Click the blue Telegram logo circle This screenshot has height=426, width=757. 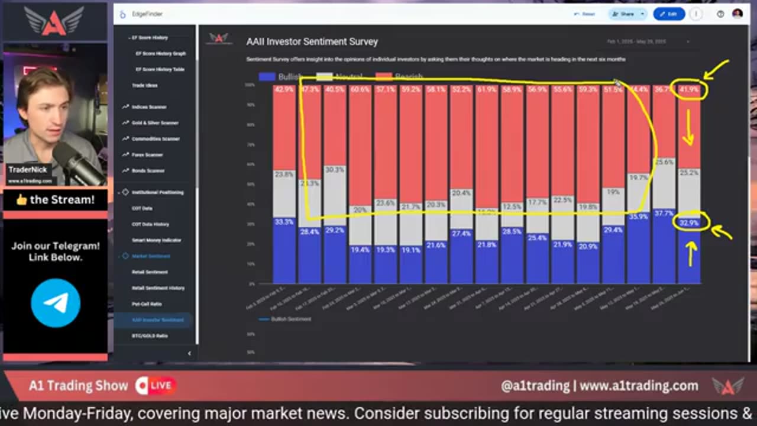(x=56, y=303)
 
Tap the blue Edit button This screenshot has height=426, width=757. (x=669, y=14)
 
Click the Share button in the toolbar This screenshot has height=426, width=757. (x=624, y=14)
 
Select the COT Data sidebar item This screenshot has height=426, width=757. (x=141, y=208)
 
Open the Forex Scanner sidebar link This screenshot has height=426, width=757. (x=147, y=154)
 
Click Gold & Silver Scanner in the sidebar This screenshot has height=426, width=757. (x=154, y=122)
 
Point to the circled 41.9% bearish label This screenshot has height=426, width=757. (x=689, y=90)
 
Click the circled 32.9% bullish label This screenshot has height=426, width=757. (x=689, y=223)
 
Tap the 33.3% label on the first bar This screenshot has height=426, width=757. (x=284, y=222)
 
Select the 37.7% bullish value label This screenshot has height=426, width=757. (x=664, y=213)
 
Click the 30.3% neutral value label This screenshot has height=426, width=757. (x=335, y=170)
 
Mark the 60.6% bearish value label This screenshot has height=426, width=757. (x=360, y=90)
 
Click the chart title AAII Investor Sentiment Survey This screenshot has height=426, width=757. (x=312, y=41)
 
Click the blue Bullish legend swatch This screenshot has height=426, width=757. (x=267, y=77)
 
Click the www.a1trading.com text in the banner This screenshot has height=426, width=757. (x=639, y=386)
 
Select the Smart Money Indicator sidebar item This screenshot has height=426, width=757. (x=156, y=240)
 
